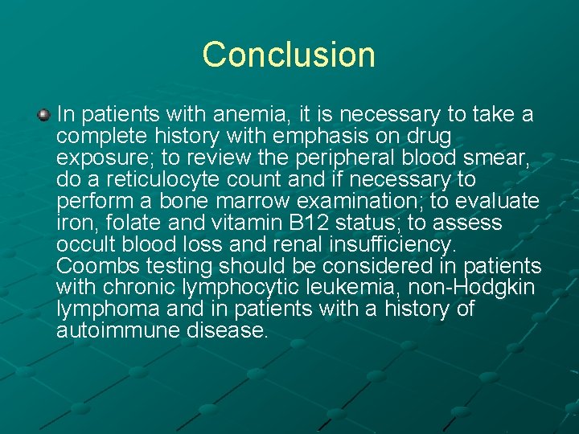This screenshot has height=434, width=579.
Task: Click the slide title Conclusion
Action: (289, 55)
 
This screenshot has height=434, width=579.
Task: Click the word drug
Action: (429, 137)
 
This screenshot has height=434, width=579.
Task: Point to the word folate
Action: (132, 223)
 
